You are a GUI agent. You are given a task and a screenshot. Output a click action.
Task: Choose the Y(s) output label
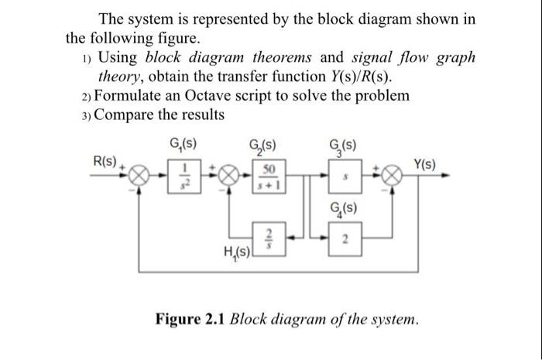(x=424, y=165)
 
